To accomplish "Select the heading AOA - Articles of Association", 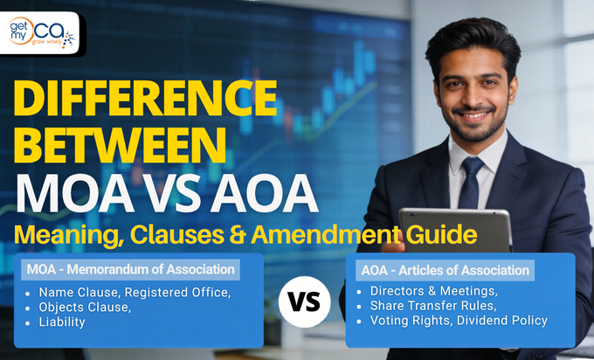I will (x=445, y=270).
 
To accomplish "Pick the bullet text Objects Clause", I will (x=85, y=308).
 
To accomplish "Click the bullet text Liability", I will (x=62, y=322).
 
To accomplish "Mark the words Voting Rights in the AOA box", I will (x=407, y=320).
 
